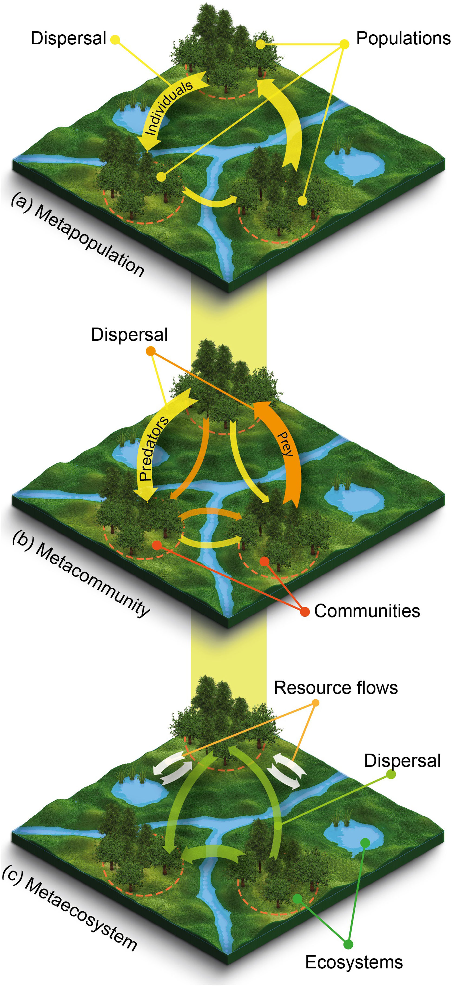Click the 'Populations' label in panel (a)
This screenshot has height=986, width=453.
point(403,38)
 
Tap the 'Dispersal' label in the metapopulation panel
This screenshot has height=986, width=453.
point(68,38)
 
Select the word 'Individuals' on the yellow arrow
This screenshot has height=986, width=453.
point(168,108)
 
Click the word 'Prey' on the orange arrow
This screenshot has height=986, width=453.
point(285,444)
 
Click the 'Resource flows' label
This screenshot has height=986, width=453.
point(335,688)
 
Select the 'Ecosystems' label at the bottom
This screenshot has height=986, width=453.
point(354,962)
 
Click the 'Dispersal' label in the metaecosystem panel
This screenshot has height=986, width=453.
point(402,761)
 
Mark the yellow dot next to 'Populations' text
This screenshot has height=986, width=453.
point(344,44)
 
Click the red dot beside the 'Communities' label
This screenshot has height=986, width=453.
point(305,612)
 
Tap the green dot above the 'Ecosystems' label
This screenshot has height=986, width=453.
point(348,944)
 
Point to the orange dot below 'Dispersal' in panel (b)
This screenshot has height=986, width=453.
point(151,351)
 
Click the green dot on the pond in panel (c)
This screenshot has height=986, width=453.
point(365,842)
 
